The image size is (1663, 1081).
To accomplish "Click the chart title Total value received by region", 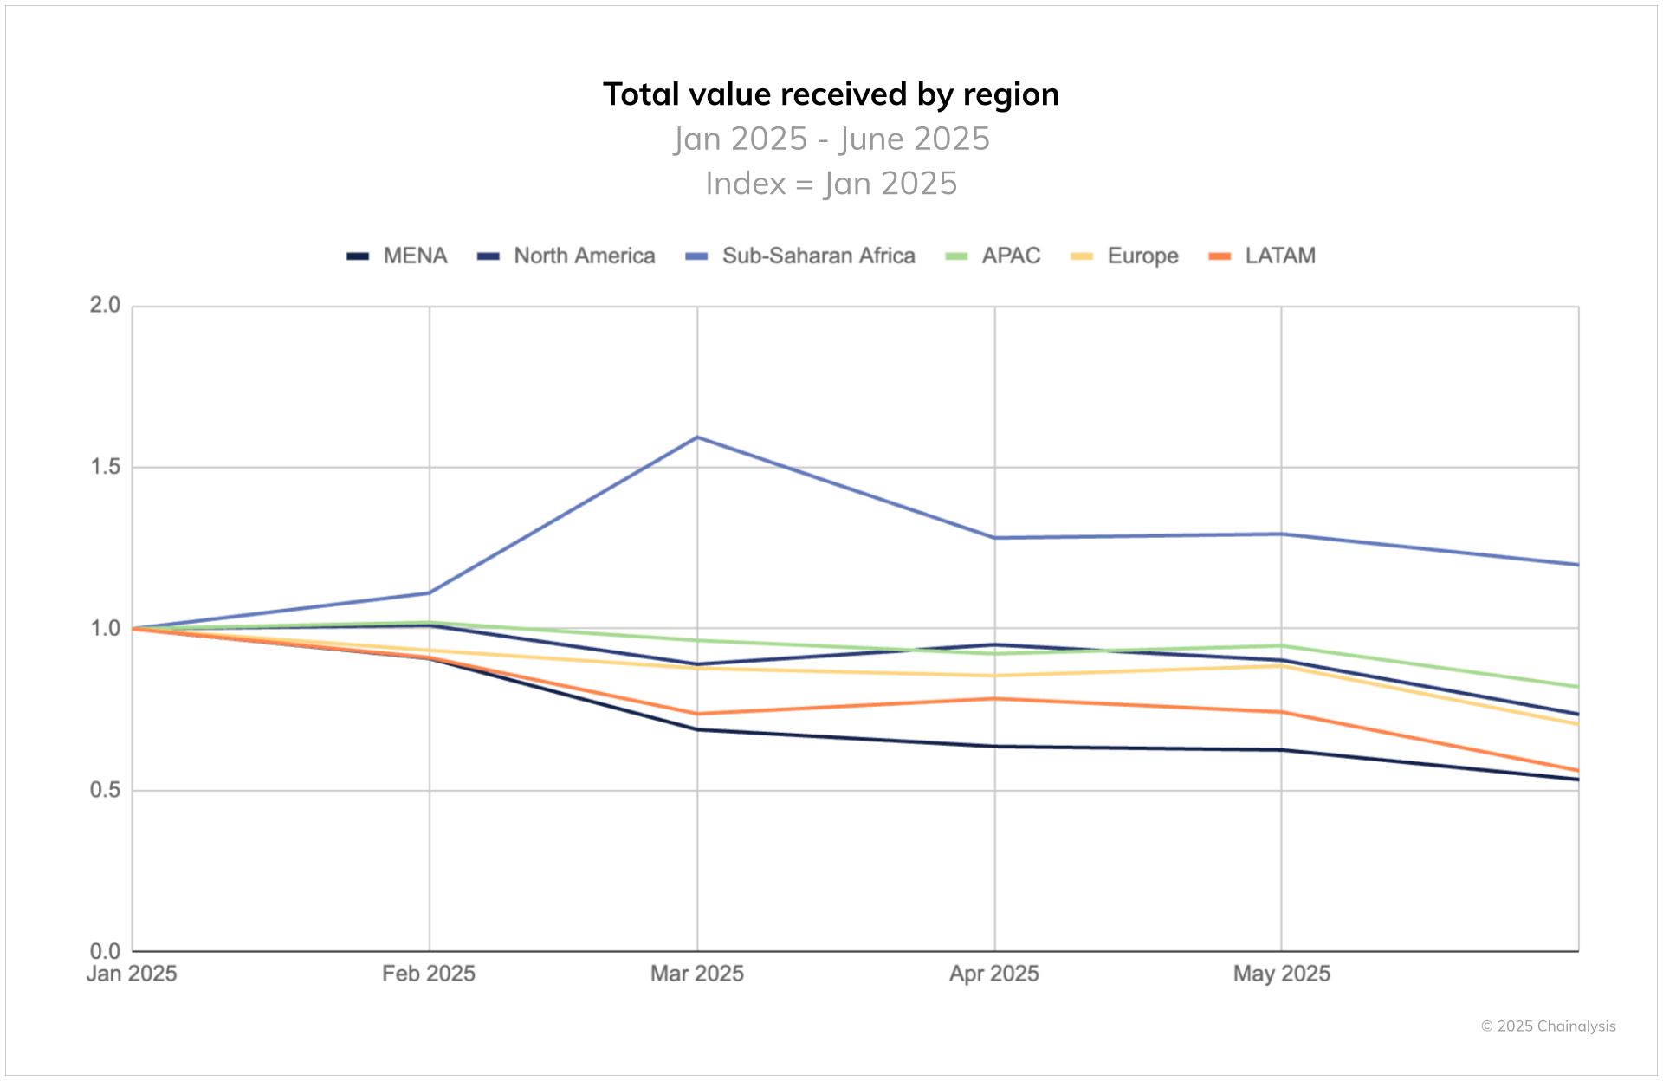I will (831, 94).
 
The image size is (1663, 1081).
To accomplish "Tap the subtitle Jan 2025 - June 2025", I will (831, 139).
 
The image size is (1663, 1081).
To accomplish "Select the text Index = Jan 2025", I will (831, 184).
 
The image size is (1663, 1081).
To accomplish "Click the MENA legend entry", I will (398, 256).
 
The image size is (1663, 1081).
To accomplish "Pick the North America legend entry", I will (566, 256).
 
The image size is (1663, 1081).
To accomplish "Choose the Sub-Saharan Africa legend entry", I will (800, 256).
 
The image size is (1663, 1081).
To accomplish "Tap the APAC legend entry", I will (993, 256).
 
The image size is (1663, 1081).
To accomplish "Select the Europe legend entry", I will (1125, 256).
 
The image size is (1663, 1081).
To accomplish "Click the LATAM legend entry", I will (1263, 256).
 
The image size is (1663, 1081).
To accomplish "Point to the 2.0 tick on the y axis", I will (105, 305).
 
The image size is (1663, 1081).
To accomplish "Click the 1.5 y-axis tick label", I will (105, 467).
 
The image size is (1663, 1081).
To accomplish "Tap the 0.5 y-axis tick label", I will (105, 790).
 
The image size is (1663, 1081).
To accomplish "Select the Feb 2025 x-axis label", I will (429, 974).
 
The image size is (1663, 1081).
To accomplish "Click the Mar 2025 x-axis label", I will (697, 974).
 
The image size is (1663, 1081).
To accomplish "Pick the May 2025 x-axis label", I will (1281, 974).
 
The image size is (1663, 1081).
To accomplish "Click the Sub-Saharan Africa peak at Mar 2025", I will (697, 437).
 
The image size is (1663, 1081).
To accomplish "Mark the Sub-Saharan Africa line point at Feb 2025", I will (429, 592).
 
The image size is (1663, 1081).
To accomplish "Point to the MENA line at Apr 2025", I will (994, 746).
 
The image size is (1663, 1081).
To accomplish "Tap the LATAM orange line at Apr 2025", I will (994, 698).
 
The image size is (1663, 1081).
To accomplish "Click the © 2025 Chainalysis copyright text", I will (1548, 1026).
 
